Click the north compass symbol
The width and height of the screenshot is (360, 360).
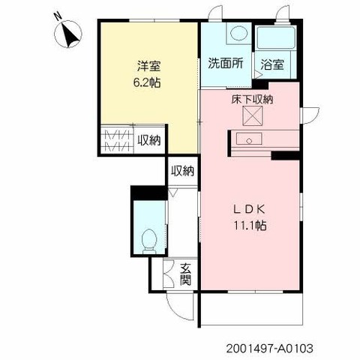pyautogui.click(x=68, y=34)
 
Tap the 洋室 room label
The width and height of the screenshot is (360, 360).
pyautogui.click(x=148, y=66)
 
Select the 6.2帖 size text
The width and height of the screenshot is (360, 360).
pyautogui.click(x=147, y=82)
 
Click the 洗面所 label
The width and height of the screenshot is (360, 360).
pyautogui.click(x=226, y=63)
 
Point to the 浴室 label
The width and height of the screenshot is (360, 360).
pyautogui.click(x=272, y=64)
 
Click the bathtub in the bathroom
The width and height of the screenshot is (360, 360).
pyautogui.click(x=276, y=37)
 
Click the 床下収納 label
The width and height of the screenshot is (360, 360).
pyautogui.click(x=252, y=100)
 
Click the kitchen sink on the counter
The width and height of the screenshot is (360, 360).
pyautogui.click(x=249, y=139)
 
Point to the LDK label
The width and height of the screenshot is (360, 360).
pyautogui.click(x=249, y=209)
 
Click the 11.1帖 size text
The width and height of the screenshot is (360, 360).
pyautogui.click(x=250, y=226)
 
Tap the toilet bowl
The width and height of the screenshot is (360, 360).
pyautogui.click(x=149, y=241)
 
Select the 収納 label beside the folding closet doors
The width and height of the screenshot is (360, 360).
pyautogui.click(x=149, y=141)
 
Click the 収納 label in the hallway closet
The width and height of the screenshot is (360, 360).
pyautogui.click(x=182, y=171)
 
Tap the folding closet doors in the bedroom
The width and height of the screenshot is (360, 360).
pyautogui.click(x=118, y=140)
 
